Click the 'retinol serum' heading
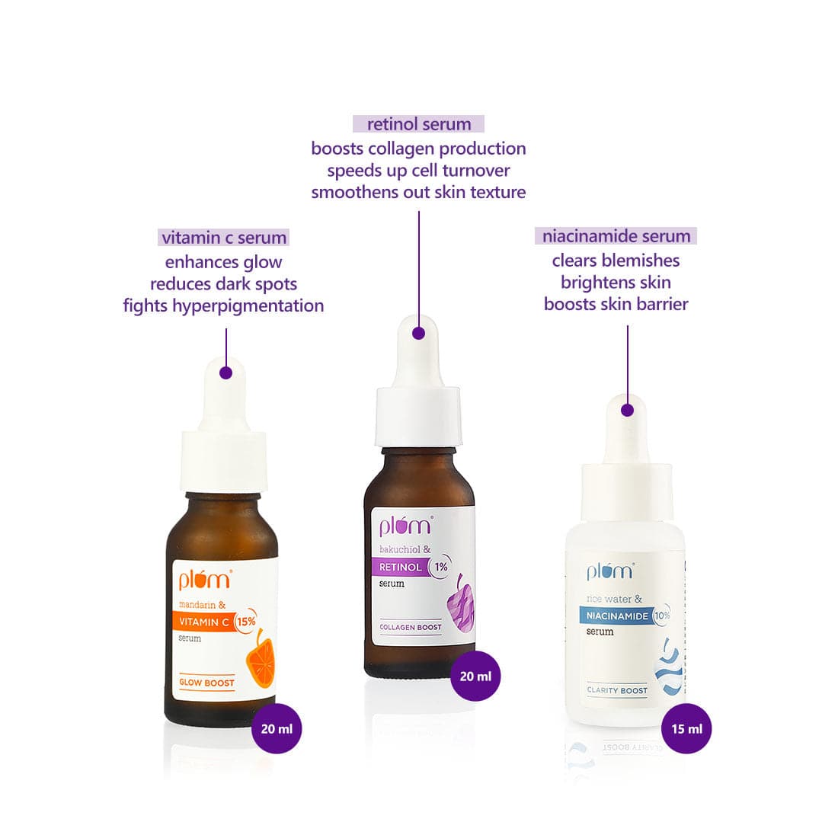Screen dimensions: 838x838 pyautogui.click(x=418, y=124)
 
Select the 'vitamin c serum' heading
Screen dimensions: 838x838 pyautogui.click(x=224, y=238)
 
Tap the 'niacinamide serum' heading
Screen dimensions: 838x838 pyautogui.click(x=616, y=236)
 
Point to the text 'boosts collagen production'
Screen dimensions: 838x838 pyautogui.click(x=418, y=149)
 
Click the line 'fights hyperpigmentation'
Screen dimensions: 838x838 pyautogui.click(x=223, y=306)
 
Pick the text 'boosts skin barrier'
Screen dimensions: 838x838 pyautogui.click(x=616, y=304)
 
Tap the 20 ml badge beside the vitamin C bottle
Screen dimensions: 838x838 pyautogui.click(x=277, y=728)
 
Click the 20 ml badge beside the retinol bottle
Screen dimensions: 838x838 pyautogui.click(x=475, y=676)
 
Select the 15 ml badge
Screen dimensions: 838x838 pyautogui.click(x=686, y=728)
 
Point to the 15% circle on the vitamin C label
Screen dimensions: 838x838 pyautogui.click(x=245, y=622)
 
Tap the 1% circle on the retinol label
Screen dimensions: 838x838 pyautogui.click(x=441, y=567)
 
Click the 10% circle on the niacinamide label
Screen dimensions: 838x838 pyautogui.click(x=661, y=615)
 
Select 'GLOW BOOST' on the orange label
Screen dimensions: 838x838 pyautogui.click(x=206, y=683)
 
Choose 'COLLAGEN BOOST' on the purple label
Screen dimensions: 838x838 pyautogui.click(x=411, y=627)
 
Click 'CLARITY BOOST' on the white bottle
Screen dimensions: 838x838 pyautogui.click(x=617, y=690)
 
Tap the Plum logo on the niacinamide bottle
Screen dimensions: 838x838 pyautogui.click(x=609, y=571)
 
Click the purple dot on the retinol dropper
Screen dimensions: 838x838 pyautogui.click(x=418, y=333)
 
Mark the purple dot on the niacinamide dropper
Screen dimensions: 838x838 pyautogui.click(x=627, y=410)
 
